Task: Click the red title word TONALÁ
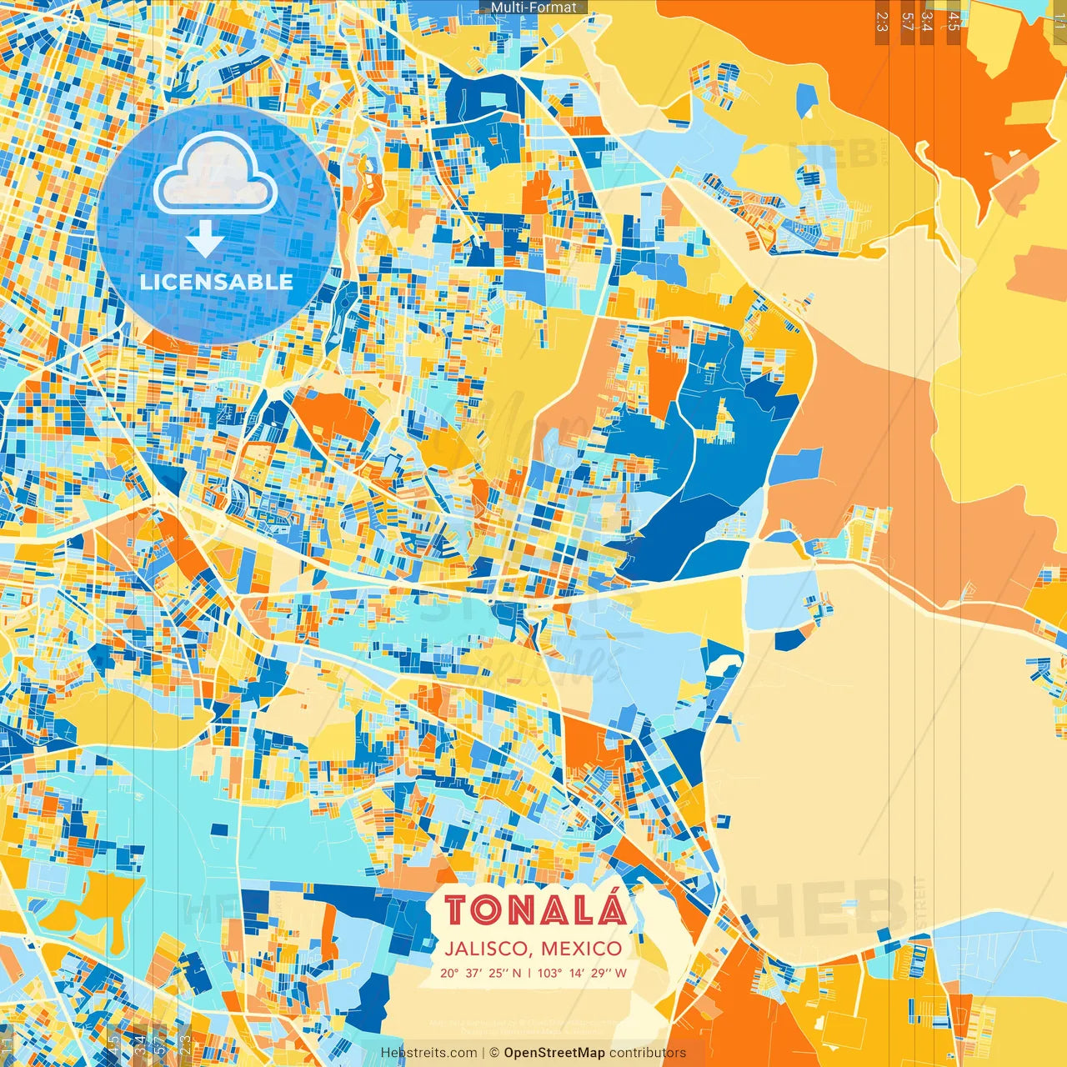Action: (534, 909)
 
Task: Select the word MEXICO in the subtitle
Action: (581, 949)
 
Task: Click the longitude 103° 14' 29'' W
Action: (582, 973)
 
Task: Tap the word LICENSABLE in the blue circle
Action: (217, 282)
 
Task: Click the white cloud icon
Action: (215, 173)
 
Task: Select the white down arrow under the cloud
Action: (204, 238)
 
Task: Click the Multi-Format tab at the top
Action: (533, 8)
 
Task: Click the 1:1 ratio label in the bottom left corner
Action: (8, 1045)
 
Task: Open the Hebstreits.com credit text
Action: (428, 1053)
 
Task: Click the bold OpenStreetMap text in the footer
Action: (554, 1053)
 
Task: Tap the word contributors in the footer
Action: (648, 1053)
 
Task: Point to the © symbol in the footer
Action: (493, 1053)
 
